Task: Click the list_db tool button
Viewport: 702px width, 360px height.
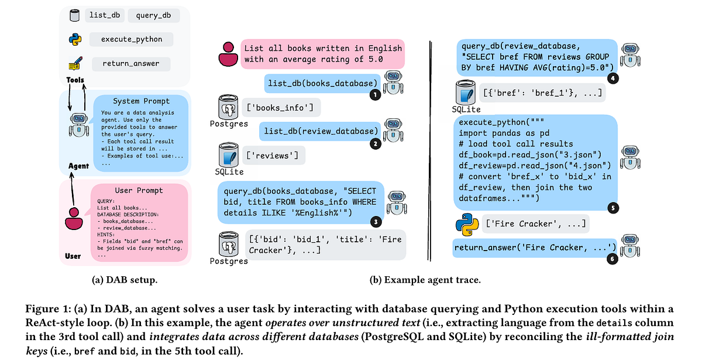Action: tap(104, 15)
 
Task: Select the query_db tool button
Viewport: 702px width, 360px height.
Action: tap(153, 15)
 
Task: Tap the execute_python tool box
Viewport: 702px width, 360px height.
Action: tap(131, 39)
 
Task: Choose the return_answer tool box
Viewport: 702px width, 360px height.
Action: tap(131, 64)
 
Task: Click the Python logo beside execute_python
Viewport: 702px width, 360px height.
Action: tap(75, 40)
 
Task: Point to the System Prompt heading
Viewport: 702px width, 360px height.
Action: tap(141, 101)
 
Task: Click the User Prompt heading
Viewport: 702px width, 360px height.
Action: tap(139, 190)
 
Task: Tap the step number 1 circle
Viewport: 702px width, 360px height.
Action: tap(375, 95)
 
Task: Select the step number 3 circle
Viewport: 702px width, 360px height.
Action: tap(376, 222)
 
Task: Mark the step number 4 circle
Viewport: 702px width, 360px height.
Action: tap(613, 78)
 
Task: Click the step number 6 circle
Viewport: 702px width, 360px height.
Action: tap(612, 259)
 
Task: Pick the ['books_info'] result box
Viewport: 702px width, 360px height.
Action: tap(281, 108)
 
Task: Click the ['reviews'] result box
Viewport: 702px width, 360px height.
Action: tap(274, 156)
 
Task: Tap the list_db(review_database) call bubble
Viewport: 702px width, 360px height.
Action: tap(320, 131)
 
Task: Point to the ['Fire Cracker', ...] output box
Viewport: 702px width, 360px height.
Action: tap(536, 224)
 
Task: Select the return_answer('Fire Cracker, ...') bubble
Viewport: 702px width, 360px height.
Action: tap(535, 248)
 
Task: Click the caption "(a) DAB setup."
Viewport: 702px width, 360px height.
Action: tap(125, 280)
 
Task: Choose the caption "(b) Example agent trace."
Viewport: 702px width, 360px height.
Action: tap(425, 280)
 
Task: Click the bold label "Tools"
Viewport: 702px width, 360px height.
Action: tap(75, 80)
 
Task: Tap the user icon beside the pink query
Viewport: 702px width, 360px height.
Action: tap(228, 54)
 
